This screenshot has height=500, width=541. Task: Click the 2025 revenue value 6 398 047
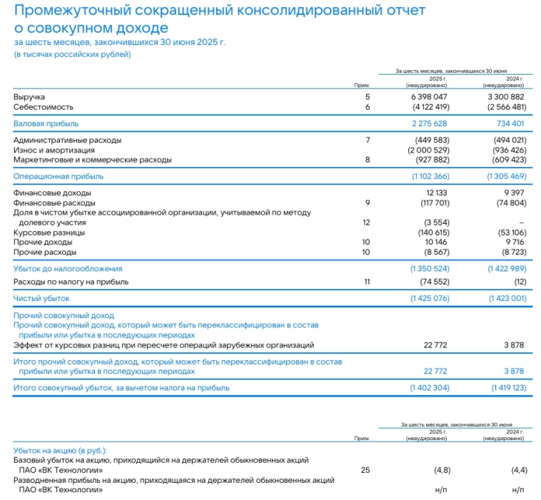click(429, 96)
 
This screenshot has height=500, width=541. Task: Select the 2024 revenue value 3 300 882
click(507, 96)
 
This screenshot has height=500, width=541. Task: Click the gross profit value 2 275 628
click(429, 123)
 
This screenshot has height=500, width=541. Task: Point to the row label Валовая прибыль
click(46, 123)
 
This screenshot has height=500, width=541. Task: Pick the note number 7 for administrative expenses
click(368, 140)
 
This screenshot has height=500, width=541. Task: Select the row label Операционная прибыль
click(59, 176)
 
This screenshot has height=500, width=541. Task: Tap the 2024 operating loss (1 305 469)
click(506, 176)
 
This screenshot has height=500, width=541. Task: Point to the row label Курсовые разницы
click(49, 233)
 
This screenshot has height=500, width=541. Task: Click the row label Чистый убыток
click(42, 298)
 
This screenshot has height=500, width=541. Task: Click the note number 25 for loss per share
click(366, 470)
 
